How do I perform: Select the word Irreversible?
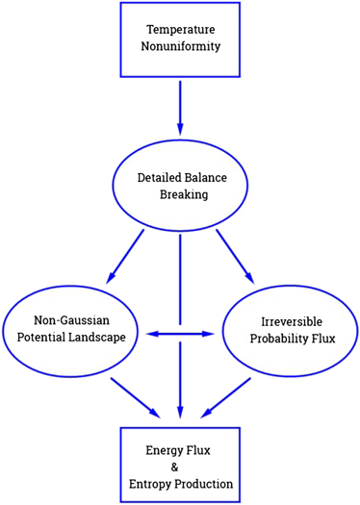click(x=289, y=322)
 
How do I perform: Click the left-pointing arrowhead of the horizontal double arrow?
click(x=150, y=334)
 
